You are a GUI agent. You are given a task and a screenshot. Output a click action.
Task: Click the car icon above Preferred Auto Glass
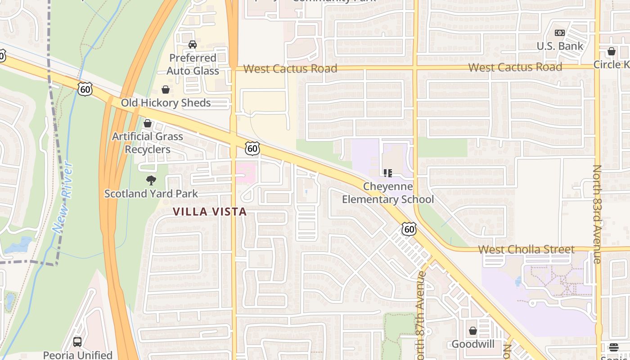click(x=193, y=45)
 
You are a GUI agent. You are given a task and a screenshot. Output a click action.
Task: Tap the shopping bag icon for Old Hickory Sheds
click(x=166, y=90)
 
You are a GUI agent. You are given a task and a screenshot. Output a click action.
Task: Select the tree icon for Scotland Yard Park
click(x=151, y=180)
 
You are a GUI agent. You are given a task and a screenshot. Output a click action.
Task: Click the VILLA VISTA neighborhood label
click(x=210, y=211)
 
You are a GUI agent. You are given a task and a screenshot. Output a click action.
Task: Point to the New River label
click(x=63, y=196)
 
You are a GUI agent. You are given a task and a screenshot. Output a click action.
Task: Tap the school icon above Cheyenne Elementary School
click(x=388, y=173)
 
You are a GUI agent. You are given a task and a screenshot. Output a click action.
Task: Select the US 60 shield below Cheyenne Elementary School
click(x=409, y=229)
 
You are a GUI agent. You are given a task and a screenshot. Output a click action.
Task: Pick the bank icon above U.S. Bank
click(x=560, y=33)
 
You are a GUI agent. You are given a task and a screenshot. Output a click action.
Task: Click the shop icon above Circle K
click(x=611, y=51)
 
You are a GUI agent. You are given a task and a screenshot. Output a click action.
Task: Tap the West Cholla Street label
click(x=526, y=249)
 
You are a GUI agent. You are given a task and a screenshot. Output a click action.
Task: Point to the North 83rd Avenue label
click(x=597, y=214)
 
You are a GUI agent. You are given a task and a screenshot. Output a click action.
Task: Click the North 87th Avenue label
click(x=421, y=315)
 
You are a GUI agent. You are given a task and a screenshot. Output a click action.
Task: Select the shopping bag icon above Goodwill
click(x=472, y=331)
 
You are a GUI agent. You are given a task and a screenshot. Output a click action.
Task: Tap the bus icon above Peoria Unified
click(x=77, y=342)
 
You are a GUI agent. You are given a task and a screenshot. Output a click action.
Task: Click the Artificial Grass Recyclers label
click(x=148, y=143)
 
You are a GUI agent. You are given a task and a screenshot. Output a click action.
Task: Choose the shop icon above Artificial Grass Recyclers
click(x=148, y=123)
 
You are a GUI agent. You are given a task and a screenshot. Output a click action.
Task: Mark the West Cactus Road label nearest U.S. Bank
click(x=515, y=67)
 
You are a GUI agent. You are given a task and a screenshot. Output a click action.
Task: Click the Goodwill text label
click(x=473, y=344)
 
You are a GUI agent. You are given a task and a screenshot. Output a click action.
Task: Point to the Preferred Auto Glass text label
click(x=193, y=64)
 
